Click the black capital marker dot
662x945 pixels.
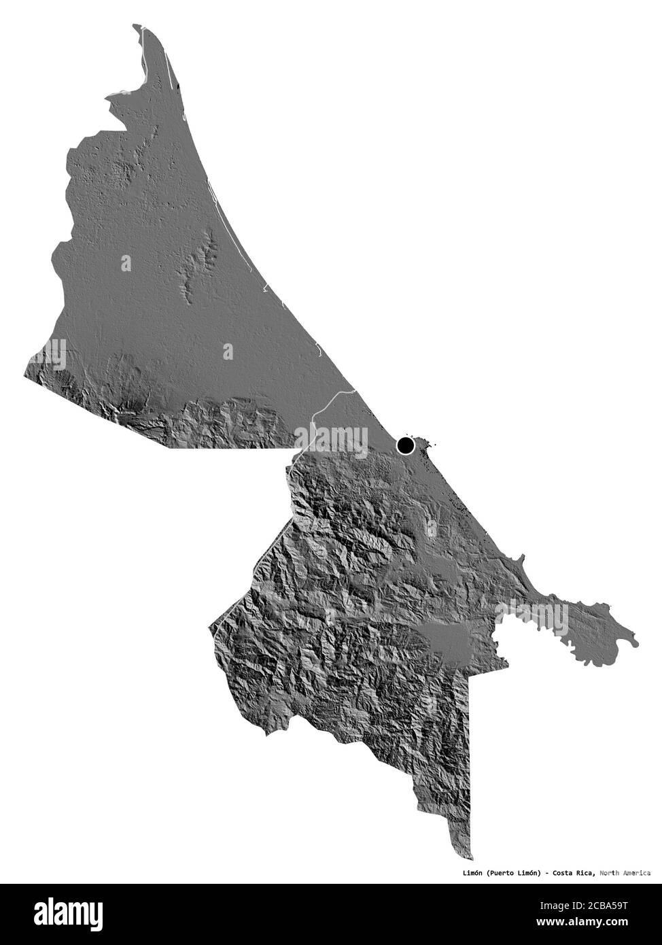(406, 445)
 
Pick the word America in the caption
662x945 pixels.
(639, 872)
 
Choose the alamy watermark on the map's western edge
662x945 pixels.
(45, 354)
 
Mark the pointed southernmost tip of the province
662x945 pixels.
(470, 859)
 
